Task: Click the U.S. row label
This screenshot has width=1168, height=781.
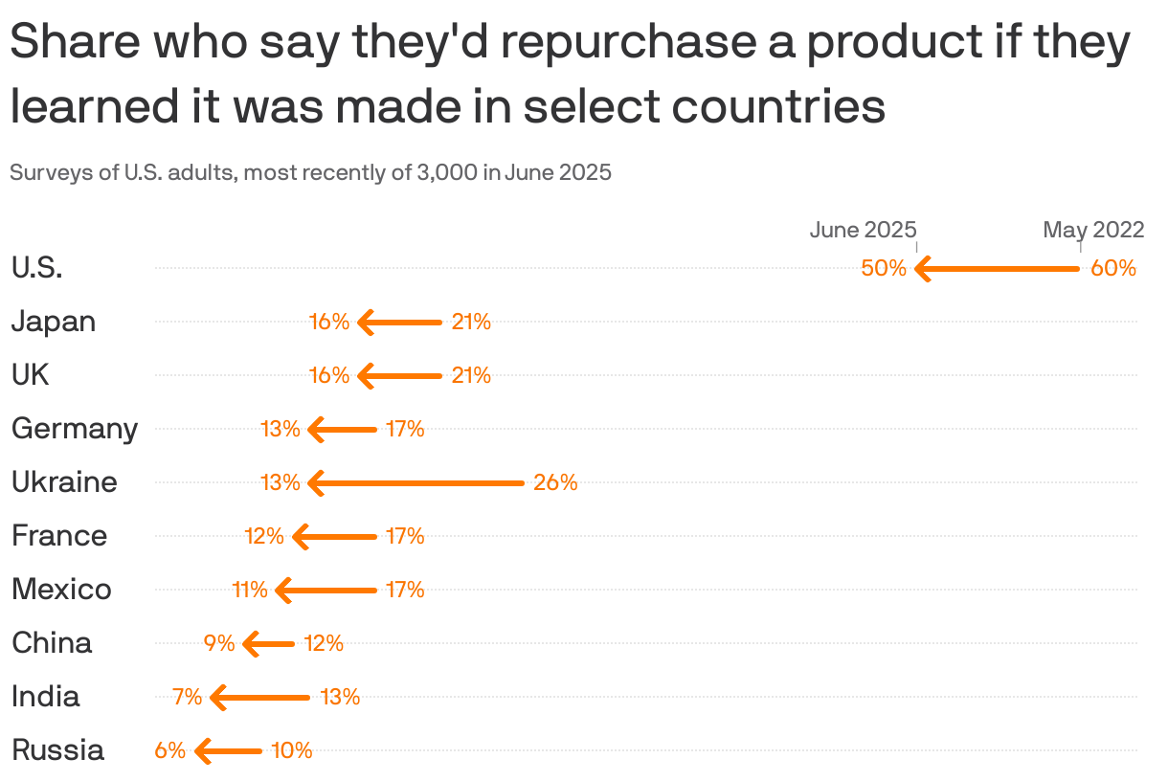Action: (x=37, y=268)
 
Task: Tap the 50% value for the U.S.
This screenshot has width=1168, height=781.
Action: (x=884, y=268)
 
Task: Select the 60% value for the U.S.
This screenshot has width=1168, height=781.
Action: (x=1113, y=268)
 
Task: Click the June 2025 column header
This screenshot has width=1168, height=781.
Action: (x=863, y=230)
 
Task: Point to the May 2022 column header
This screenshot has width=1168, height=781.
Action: (x=1093, y=230)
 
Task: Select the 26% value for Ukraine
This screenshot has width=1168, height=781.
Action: (x=555, y=483)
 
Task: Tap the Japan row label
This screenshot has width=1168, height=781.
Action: (x=54, y=322)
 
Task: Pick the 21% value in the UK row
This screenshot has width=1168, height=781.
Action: (x=471, y=375)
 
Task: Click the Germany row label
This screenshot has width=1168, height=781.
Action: (x=75, y=429)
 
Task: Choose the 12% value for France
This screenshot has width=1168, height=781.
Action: (x=264, y=536)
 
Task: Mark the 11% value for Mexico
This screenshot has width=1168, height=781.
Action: (x=250, y=590)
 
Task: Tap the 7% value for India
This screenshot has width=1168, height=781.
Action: (x=188, y=697)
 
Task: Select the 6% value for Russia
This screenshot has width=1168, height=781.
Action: (x=170, y=750)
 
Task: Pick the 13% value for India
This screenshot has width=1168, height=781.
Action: (x=340, y=697)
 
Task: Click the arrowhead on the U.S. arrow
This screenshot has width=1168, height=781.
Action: (x=923, y=269)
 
